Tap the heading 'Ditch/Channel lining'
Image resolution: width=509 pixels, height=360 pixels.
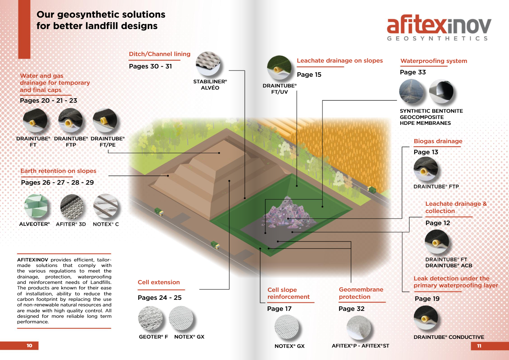160,54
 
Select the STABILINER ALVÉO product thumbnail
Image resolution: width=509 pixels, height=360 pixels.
208,64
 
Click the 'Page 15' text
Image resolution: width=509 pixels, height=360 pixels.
309,75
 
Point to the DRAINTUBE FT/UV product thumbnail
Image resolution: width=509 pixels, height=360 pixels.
279,68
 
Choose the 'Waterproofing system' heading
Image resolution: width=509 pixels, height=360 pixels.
434,61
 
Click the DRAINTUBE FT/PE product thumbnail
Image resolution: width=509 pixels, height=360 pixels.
105,121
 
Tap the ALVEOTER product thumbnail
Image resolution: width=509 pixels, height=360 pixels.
36,206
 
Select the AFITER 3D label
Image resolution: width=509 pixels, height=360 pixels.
71,224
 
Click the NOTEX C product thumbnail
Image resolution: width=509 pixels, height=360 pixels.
106,206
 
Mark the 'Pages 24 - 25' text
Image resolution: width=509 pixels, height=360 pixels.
160,298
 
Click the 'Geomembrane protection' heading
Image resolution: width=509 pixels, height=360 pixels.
361,293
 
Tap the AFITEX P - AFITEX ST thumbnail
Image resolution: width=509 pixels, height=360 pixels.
359,327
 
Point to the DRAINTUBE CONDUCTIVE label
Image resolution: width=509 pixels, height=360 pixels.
449,337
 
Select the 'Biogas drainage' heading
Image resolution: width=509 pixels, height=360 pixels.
438,141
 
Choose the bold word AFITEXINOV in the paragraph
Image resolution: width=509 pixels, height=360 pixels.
33,260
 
